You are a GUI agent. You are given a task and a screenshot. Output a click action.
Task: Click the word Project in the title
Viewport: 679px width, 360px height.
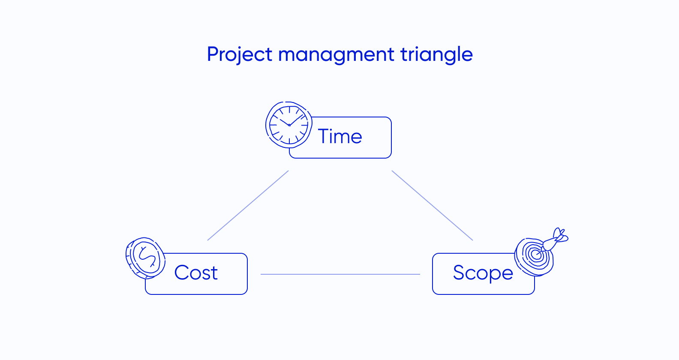239,55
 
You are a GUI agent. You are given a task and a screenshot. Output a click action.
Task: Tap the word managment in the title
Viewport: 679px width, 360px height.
336,55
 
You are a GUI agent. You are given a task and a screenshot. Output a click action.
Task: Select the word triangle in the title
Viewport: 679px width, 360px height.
436,55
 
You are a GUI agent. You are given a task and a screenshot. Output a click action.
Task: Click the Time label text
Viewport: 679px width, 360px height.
340,137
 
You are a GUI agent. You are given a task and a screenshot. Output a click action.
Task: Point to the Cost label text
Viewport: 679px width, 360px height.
196,273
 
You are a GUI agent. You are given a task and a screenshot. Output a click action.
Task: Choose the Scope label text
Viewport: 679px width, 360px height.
483,273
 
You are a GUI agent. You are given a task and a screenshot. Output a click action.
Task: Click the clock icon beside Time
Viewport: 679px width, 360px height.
288,125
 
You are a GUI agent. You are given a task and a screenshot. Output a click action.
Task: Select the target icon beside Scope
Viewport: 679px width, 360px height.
535,256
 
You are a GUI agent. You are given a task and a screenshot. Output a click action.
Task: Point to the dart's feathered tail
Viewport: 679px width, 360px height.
560,235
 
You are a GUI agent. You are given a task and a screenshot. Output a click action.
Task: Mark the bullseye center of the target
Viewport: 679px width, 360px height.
535,255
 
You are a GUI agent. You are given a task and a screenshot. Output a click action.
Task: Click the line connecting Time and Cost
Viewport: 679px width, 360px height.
248,206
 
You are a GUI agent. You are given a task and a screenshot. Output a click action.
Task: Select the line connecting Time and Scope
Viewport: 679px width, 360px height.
432,205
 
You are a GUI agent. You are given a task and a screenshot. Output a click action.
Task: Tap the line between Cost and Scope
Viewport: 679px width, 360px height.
340,274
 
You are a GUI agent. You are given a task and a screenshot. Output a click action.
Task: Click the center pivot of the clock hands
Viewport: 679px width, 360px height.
289,125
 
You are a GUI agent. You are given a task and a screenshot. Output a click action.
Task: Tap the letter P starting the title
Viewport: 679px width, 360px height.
213,54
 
